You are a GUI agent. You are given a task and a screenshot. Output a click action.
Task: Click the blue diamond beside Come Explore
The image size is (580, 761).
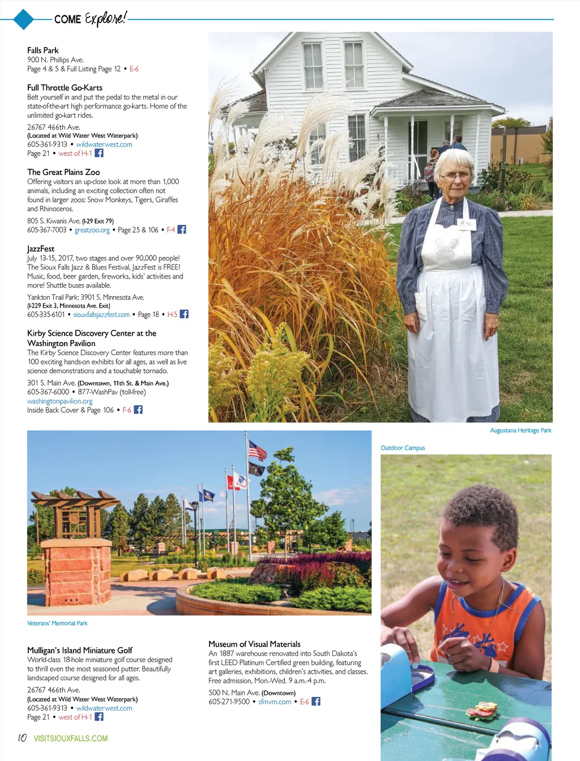23,19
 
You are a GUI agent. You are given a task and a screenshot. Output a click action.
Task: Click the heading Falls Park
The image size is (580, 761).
43,50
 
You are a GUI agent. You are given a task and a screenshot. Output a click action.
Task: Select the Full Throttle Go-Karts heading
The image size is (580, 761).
65,88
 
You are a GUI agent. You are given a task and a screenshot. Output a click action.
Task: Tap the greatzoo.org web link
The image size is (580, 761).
92,230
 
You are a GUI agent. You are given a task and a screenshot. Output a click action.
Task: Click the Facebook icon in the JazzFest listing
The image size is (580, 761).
184,314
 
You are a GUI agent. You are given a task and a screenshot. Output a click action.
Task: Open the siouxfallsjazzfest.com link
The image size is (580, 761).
101,315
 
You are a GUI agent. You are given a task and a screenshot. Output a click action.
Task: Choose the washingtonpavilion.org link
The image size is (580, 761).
59,401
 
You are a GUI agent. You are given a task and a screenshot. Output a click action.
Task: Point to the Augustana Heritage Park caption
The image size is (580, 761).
521,430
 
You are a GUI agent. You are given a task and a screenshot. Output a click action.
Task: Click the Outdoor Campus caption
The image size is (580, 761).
403,448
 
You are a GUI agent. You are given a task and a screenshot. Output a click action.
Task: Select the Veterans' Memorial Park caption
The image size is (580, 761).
57,623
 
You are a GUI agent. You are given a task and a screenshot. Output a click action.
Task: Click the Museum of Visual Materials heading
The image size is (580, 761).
254,644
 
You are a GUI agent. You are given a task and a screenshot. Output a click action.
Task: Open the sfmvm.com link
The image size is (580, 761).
275,702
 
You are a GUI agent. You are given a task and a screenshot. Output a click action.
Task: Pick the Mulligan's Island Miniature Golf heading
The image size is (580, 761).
80,650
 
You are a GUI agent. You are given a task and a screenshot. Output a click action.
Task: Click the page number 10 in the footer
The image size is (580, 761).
22,738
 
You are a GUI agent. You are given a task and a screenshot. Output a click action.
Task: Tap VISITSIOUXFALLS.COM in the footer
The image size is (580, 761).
71,738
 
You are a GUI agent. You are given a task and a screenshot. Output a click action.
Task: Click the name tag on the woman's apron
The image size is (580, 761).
467,224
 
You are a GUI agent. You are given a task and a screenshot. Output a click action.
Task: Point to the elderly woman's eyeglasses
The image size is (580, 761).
456,176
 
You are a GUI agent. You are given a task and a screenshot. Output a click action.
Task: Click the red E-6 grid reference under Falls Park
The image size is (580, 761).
134,69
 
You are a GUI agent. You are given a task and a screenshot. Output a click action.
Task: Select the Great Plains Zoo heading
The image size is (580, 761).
63,172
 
